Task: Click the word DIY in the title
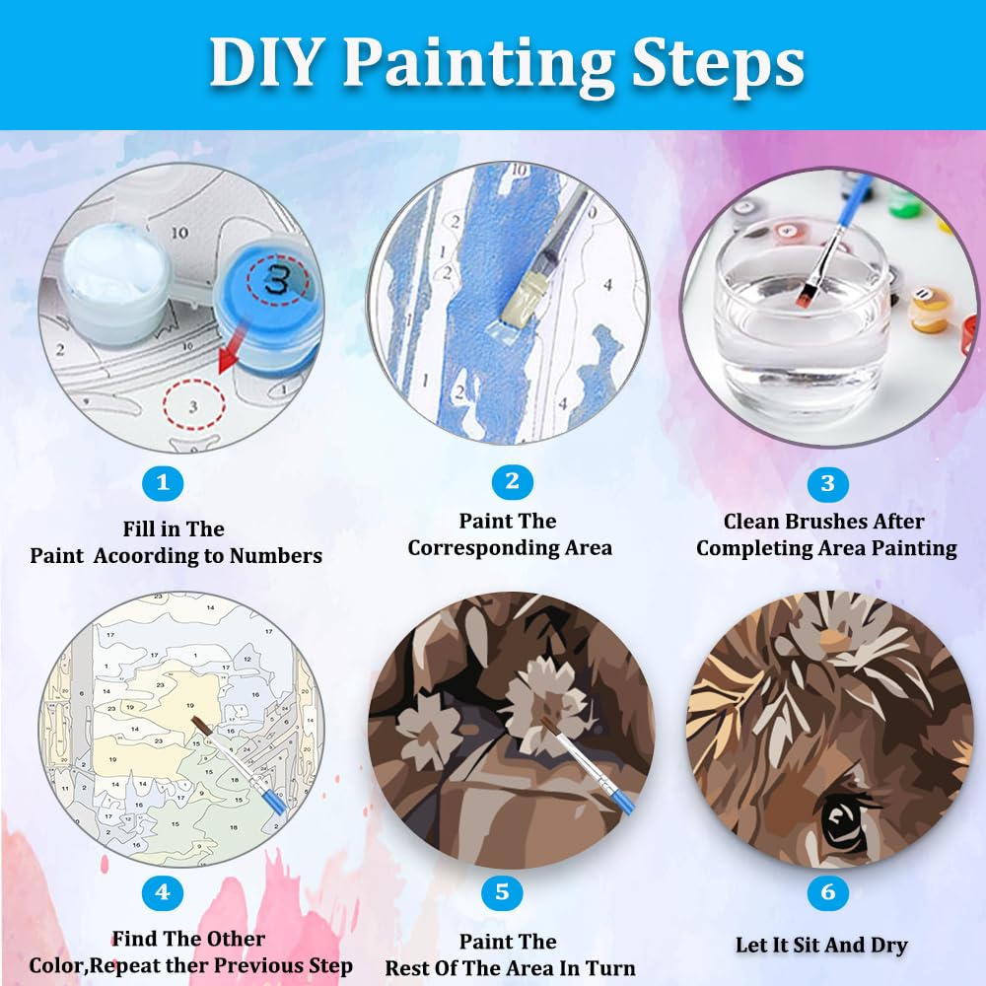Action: pyautogui.click(x=265, y=62)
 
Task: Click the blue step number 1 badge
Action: pyautogui.click(x=163, y=483)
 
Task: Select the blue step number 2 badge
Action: pyautogui.click(x=513, y=482)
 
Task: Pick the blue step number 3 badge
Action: pyautogui.click(x=827, y=483)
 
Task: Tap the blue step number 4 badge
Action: pyautogui.click(x=163, y=891)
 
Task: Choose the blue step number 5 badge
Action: pyautogui.click(x=502, y=891)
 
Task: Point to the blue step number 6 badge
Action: pyautogui.click(x=827, y=891)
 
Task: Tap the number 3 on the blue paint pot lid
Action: pyautogui.click(x=277, y=279)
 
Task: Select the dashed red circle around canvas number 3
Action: pyautogui.click(x=193, y=405)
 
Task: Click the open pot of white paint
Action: pyautogui.click(x=116, y=271)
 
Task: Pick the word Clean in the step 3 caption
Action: pyautogui.click(x=750, y=522)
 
